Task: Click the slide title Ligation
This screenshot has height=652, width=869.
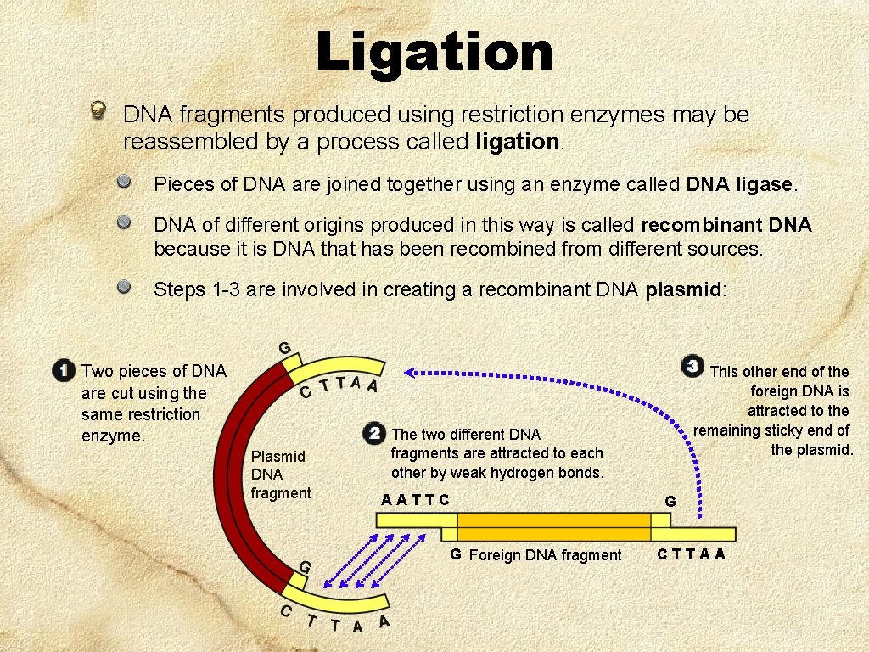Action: [434, 53]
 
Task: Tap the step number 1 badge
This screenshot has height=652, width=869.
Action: [62, 371]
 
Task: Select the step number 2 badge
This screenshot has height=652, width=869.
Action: [373, 434]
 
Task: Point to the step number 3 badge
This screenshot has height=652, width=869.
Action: [693, 367]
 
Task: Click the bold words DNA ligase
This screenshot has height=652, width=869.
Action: [741, 184]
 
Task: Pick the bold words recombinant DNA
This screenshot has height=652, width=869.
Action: [726, 225]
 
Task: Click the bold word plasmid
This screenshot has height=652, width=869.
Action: [682, 289]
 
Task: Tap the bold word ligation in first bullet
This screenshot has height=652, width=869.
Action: [518, 142]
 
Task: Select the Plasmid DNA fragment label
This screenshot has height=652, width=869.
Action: [280, 475]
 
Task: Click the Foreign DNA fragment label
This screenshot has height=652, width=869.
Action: [545, 555]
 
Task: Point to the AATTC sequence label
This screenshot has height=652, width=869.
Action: [415, 499]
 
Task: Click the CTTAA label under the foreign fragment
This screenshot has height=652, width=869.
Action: [692, 554]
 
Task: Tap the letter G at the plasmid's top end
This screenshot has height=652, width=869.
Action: [285, 347]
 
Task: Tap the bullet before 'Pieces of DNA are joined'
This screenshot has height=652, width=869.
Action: [124, 181]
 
